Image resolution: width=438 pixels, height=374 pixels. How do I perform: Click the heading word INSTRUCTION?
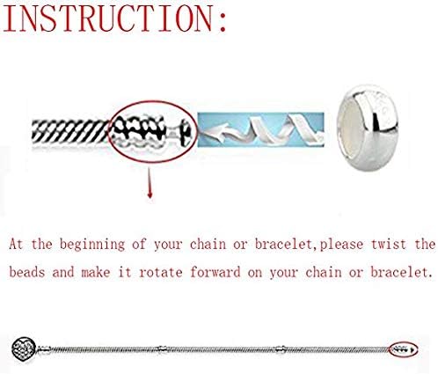(107, 18)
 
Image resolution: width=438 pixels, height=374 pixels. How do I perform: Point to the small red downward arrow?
(150, 182)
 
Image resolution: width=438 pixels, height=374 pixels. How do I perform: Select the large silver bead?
(368, 128)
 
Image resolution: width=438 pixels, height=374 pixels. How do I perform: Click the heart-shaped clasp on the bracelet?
(24, 348)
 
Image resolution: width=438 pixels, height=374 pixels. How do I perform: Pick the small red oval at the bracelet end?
(389, 349)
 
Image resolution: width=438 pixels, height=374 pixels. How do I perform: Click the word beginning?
(92, 245)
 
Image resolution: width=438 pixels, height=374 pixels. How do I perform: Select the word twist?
(389, 244)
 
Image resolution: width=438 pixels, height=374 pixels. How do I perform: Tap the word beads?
(27, 272)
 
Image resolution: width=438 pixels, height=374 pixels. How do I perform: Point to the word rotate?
(161, 273)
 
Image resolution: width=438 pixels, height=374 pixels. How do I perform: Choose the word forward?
(215, 272)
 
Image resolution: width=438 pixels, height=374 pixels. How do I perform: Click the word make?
(96, 272)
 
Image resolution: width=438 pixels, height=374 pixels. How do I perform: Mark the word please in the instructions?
(341, 245)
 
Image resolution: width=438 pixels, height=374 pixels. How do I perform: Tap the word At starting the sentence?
(16, 244)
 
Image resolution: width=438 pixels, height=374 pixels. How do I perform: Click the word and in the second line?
(63, 272)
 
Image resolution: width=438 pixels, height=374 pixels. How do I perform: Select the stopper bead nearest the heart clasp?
(45, 349)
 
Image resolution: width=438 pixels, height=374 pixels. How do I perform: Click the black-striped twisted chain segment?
(70, 132)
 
